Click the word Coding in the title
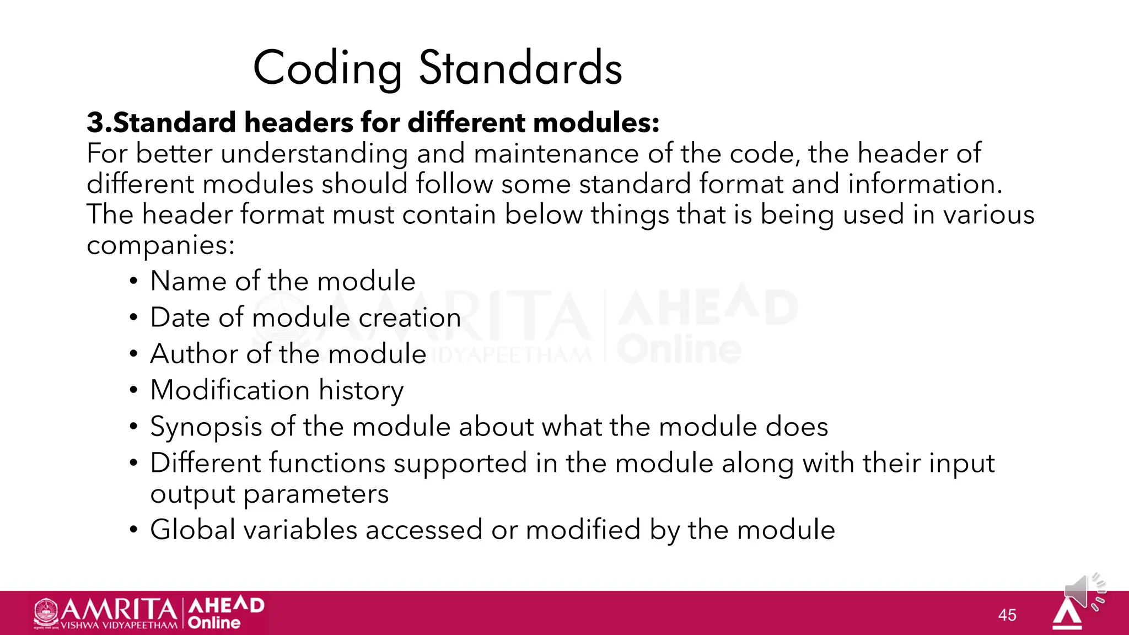327,68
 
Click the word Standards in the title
520,68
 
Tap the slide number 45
1007,615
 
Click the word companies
160,245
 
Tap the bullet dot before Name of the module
133,282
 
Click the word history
361,391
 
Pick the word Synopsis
206,427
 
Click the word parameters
316,494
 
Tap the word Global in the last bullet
193,530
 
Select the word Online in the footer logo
214,623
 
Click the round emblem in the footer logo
46,612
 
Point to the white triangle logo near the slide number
1067,614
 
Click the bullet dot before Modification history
133,390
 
